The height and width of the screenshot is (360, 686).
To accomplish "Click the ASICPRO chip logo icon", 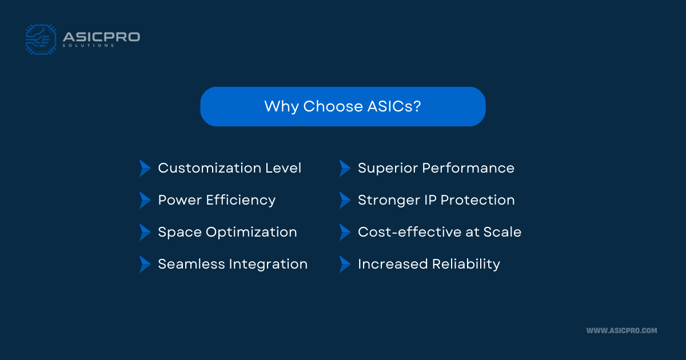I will tap(41, 39).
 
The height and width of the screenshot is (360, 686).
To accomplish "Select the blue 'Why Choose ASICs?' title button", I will tap(342, 106).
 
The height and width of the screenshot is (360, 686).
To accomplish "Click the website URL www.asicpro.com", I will tap(621, 330).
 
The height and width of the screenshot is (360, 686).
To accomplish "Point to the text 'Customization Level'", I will tap(229, 168).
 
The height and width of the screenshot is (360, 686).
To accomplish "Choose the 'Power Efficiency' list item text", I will tap(217, 200).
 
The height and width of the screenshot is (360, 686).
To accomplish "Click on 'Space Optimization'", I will tap(227, 232).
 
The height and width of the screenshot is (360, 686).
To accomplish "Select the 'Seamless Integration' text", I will tap(233, 264).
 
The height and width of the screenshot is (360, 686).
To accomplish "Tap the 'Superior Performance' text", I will tap(436, 168).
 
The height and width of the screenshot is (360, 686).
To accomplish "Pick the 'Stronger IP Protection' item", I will tap(436, 200).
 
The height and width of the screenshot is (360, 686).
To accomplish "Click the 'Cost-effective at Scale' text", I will tap(439, 232).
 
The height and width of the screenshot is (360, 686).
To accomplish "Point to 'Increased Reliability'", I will tap(429, 264).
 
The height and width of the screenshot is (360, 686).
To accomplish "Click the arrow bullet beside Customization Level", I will tap(145, 168).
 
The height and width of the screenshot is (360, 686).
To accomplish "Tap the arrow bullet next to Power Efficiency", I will tap(145, 200).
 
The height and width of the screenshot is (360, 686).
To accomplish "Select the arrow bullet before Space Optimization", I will tap(145, 232).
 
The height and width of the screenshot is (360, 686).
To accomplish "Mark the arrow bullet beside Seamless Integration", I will tap(145, 264).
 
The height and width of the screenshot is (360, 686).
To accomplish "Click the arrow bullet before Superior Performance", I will tap(344, 168).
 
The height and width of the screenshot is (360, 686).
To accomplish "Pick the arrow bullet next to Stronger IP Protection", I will tap(344, 200).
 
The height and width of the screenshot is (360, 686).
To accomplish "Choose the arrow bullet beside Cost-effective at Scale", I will tap(344, 232).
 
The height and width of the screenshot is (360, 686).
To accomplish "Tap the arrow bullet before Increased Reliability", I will tap(344, 264).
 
